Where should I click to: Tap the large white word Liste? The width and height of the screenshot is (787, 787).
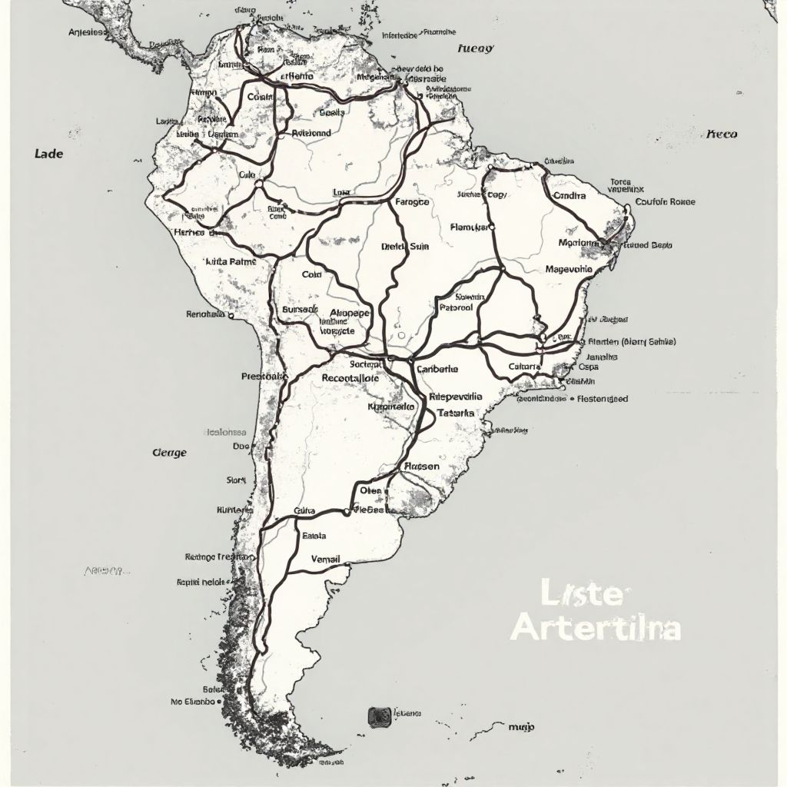[586, 595]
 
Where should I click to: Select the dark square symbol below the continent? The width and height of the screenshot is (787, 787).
[378, 716]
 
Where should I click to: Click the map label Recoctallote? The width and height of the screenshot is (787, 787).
[350, 378]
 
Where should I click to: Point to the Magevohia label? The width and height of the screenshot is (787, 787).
[569, 270]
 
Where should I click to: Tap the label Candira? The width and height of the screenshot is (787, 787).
[569, 195]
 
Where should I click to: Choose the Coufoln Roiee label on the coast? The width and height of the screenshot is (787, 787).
[665, 202]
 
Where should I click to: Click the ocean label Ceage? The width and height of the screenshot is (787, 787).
[169, 453]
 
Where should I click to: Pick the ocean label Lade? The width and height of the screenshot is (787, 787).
[49, 154]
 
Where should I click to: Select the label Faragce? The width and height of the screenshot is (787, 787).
[412, 202]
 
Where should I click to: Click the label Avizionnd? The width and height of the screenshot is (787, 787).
[311, 133]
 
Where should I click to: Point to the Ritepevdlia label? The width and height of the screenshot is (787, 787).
[454, 397]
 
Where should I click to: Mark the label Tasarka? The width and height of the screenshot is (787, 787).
[456, 413]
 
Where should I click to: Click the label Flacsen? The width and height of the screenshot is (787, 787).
[421, 466]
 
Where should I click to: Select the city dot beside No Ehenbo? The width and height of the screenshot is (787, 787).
[220, 702]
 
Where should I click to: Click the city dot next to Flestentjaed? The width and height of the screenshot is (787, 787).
[573, 399]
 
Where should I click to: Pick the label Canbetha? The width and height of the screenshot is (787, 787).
[437, 369]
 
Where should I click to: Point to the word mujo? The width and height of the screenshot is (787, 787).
[522, 726]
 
